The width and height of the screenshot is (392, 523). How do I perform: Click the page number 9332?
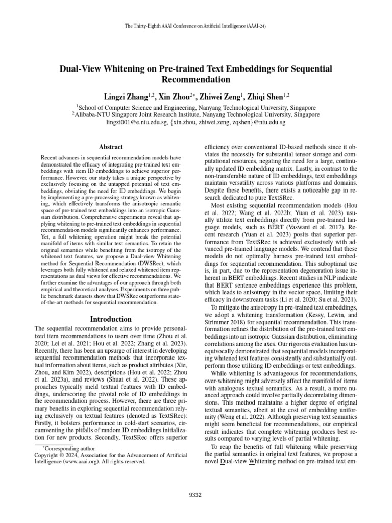click(195, 494)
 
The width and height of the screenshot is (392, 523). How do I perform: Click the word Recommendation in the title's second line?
click(196, 80)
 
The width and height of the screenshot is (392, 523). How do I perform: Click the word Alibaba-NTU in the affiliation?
click(94, 115)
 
